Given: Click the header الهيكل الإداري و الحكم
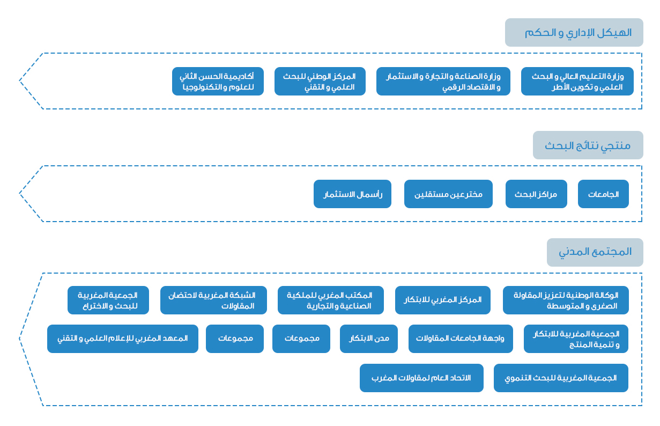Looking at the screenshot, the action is click(574, 32).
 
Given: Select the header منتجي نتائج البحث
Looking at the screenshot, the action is click(588, 145).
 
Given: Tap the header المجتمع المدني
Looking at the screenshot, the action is click(595, 252).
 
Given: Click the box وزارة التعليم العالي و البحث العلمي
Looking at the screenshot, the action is click(577, 82).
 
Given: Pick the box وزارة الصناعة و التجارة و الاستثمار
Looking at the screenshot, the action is click(443, 82).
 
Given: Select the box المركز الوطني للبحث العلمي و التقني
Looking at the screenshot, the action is click(320, 82).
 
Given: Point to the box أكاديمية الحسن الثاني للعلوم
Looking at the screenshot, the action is click(218, 82).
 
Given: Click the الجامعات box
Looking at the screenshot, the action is click(603, 194).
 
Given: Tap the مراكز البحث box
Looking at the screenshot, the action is click(536, 194).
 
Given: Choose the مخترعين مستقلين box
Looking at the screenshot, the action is click(448, 194).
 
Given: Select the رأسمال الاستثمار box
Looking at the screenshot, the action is click(352, 194).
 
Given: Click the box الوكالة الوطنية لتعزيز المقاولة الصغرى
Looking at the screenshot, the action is click(566, 300).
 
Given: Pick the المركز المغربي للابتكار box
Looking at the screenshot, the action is click(443, 300).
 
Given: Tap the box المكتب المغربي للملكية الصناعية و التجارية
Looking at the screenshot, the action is click(331, 300).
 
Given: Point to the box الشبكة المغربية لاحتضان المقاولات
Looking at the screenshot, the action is click(213, 300).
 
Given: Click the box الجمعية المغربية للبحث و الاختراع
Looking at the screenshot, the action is click(108, 300).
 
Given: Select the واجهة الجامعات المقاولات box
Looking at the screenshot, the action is click(461, 339).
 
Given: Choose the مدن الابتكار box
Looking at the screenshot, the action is click(368, 339).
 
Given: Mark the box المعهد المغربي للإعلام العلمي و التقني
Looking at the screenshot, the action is click(123, 339).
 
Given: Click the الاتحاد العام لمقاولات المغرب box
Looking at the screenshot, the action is click(421, 378).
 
